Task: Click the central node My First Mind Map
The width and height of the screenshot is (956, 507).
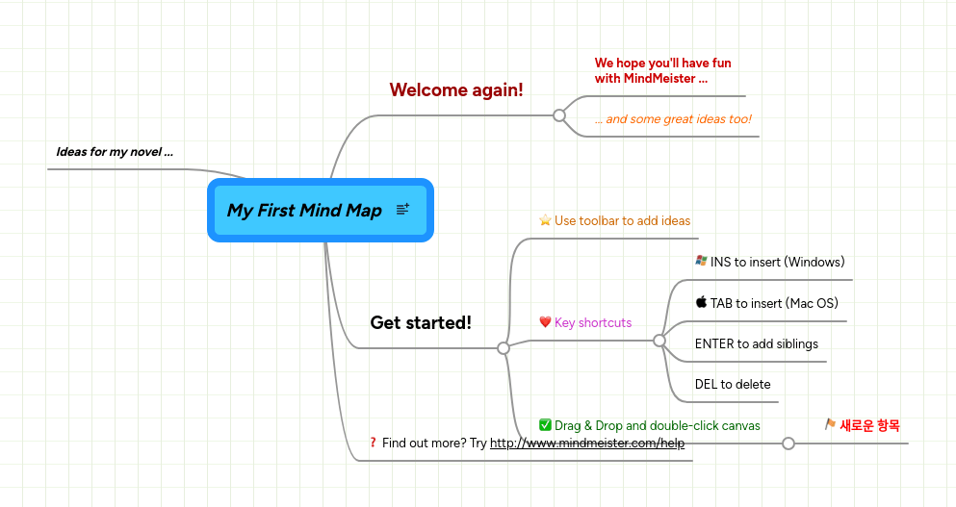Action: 304,210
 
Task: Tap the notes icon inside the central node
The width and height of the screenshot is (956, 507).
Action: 402,209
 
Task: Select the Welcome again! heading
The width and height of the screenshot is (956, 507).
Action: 456,89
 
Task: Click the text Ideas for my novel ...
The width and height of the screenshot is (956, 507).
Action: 115,151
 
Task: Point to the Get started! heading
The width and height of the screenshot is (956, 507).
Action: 421,322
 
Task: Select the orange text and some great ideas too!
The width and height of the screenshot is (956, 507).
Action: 673,119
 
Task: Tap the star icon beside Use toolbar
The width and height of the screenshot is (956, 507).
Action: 545,220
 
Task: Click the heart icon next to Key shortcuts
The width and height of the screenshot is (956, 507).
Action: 545,322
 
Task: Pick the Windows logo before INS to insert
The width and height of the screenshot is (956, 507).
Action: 701,261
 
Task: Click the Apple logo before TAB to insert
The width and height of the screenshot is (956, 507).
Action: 701,302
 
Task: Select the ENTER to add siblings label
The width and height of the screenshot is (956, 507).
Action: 756,343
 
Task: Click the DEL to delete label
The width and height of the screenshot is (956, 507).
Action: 733,384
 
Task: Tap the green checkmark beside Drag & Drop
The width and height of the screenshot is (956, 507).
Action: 545,425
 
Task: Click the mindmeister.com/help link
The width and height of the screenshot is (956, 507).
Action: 587,444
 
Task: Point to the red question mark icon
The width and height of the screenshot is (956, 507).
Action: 373,443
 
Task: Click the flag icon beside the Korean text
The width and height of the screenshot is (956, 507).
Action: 830,424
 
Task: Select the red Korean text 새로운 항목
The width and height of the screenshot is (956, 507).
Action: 870,425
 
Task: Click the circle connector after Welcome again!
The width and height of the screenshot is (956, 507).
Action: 559,115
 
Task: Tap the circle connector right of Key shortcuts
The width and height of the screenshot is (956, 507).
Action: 659,341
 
